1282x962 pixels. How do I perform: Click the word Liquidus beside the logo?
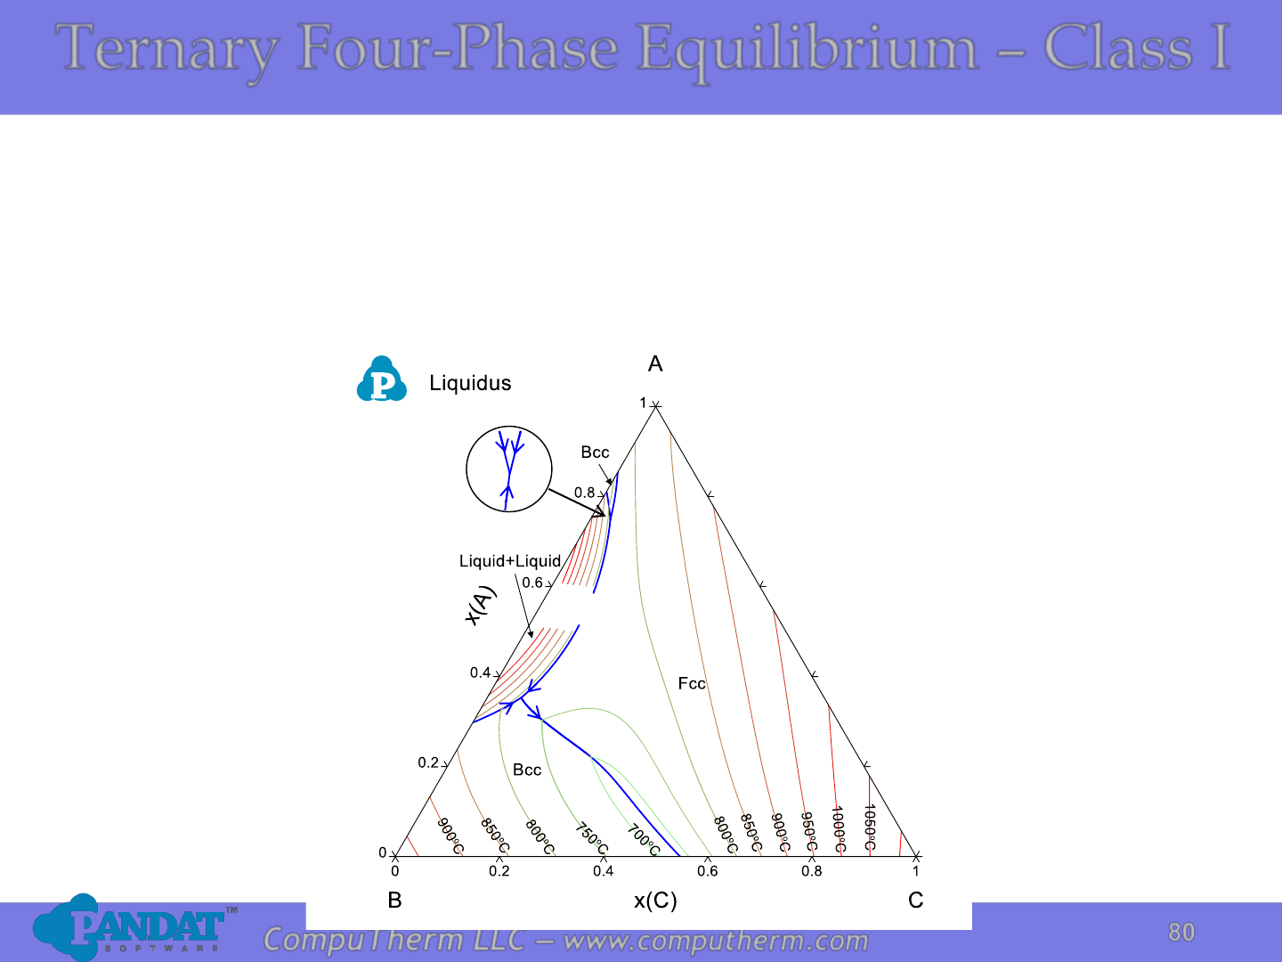(470, 383)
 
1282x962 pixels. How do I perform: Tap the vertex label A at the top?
(655, 364)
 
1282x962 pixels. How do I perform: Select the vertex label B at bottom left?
(394, 900)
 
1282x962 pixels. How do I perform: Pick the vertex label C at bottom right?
(916, 900)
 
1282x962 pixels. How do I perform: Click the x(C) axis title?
(655, 901)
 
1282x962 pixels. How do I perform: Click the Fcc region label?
(692, 683)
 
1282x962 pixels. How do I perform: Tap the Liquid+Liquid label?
(510, 561)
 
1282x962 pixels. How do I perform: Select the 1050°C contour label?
(870, 827)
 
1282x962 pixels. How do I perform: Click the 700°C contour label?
(644, 840)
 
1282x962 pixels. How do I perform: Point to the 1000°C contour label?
(838, 828)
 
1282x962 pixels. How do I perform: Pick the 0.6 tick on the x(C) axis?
(707, 871)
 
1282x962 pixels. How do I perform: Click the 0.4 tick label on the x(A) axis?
(480, 673)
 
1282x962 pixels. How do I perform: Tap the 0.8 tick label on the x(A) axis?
(584, 493)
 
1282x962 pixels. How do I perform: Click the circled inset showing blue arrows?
(508, 469)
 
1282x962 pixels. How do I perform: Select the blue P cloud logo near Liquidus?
(381, 379)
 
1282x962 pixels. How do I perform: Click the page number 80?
(1181, 933)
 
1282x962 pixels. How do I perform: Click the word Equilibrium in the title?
(807, 48)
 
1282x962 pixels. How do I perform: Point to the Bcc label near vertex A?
(595, 452)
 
